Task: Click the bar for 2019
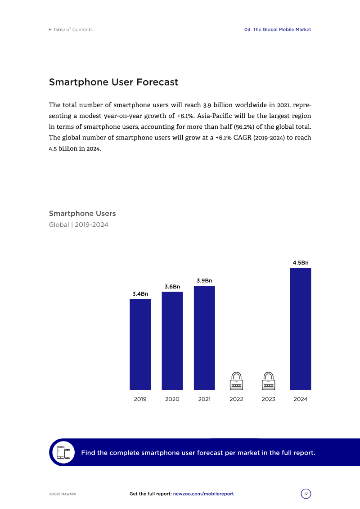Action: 140,344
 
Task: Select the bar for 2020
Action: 172,341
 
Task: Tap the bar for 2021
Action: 204,338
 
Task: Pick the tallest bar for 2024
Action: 300,329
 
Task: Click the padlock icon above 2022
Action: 236,381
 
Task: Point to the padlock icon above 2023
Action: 268,381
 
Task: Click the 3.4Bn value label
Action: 140,294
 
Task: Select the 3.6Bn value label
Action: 172,287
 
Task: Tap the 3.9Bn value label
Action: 204,280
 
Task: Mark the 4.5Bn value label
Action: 300,262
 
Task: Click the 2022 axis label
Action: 236,399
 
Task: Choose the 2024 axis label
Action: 300,399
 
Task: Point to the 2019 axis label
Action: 140,399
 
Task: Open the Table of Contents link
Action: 71,30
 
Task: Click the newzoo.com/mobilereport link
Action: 203,494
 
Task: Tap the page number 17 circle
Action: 306,494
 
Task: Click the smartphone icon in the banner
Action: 64,453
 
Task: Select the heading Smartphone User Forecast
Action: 113,82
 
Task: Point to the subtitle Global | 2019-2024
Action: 78,225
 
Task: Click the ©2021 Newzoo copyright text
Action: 63,494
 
